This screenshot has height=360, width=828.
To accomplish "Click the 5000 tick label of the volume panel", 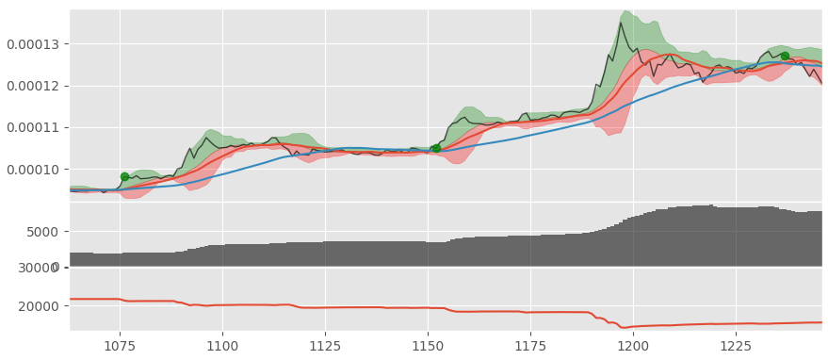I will (x=42, y=232).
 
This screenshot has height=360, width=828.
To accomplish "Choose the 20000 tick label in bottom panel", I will (x=39, y=306).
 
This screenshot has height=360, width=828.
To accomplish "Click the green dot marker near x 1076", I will (x=124, y=176).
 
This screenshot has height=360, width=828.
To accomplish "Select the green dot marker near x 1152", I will (x=436, y=148).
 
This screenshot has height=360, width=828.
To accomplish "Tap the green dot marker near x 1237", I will (x=785, y=56).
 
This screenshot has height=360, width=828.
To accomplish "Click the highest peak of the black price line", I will (x=622, y=23).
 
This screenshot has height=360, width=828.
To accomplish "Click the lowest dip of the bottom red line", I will (x=622, y=328).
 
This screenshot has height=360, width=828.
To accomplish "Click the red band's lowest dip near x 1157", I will (x=457, y=163).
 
